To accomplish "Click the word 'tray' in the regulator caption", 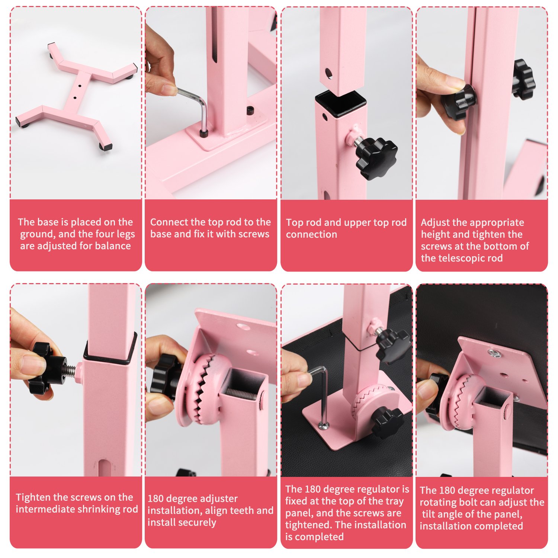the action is (394, 501).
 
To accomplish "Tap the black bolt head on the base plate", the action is (250, 110).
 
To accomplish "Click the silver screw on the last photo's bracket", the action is (494, 353).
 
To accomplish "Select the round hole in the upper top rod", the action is (328, 73).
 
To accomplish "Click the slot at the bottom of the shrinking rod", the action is (103, 468).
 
